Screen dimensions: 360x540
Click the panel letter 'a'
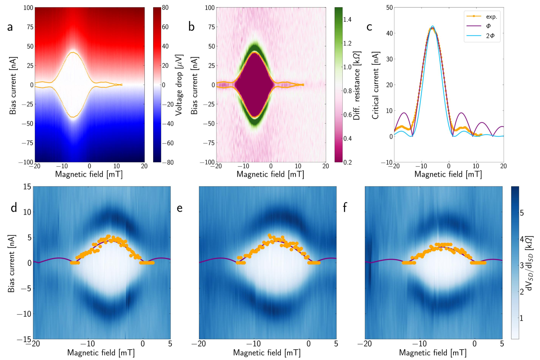click(x=10, y=27)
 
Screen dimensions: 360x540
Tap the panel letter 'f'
click(x=345, y=207)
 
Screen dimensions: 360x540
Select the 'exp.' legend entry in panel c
click(x=491, y=17)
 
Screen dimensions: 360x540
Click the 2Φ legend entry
click(x=490, y=36)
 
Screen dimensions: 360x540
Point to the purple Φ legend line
click(x=474, y=26)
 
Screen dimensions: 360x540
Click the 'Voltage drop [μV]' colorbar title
click(x=179, y=85)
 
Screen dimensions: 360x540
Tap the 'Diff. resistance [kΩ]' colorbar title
click(x=357, y=85)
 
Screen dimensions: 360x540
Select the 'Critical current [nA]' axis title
click(x=375, y=85)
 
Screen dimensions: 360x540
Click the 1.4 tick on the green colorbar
click(x=347, y=19)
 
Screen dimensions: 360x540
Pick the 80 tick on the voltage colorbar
click(x=165, y=7)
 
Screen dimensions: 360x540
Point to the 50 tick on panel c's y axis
click(x=389, y=7)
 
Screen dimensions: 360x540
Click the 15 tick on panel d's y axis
click(x=27, y=186)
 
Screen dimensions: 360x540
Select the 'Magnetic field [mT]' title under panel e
click(x=267, y=353)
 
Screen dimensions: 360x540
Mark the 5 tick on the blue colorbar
click(x=521, y=213)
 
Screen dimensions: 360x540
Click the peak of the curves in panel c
click(x=432, y=27)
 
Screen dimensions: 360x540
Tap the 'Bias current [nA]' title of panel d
click(x=11, y=263)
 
